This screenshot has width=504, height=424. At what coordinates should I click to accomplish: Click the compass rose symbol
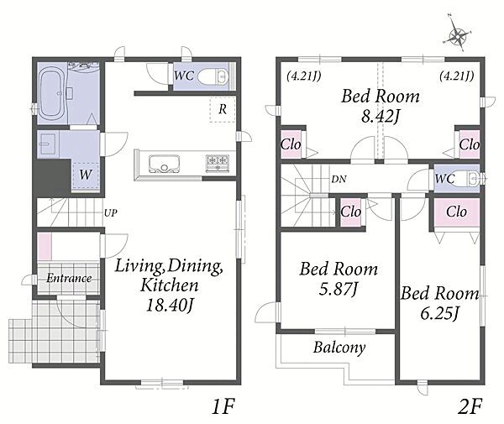457,36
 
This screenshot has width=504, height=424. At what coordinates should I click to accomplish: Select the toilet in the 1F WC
213,76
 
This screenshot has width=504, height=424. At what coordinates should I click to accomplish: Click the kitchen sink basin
164,164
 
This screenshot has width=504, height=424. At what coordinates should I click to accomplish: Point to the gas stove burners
218,163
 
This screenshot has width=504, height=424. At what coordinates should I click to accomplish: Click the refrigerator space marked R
223,109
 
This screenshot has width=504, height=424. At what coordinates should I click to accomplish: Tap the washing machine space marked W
86,175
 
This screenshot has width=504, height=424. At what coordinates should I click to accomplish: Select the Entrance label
69,278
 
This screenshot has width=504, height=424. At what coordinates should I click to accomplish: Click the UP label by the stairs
111,212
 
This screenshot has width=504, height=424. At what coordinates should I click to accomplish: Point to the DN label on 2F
339,179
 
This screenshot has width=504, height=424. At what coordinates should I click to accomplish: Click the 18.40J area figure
170,305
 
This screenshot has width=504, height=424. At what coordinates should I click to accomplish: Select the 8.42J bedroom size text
381,116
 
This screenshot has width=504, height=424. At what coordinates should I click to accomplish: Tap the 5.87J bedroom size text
339,289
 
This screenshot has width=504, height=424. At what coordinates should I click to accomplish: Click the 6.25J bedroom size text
438,313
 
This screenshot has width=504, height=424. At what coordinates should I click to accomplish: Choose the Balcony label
339,348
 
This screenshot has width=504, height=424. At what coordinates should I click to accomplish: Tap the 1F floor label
223,406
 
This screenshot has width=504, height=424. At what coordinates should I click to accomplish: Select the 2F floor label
470,406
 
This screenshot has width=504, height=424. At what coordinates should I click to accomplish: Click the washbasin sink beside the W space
48,144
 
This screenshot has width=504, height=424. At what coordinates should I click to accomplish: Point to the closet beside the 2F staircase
350,212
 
